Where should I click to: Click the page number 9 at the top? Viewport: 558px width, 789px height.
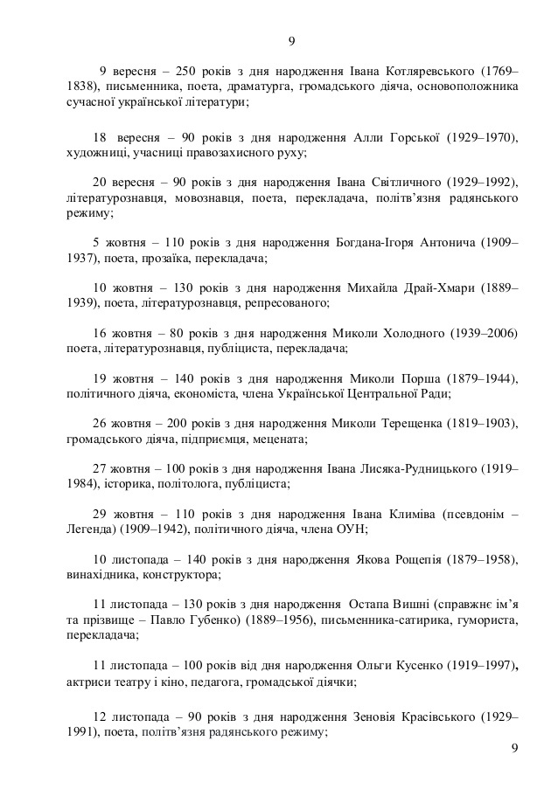pos(292,41)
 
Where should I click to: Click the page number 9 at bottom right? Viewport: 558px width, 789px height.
pos(513,748)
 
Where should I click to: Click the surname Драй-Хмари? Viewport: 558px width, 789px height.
pos(427,287)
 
